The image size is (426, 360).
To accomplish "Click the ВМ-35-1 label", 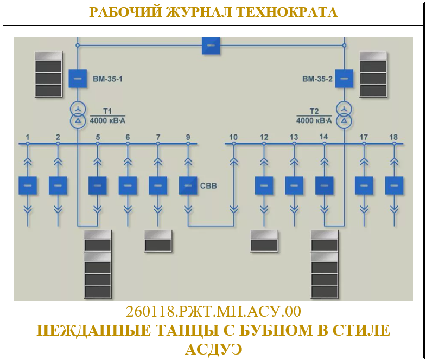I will tap(107, 79).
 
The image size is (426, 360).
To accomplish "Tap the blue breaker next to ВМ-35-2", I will tap(343, 79).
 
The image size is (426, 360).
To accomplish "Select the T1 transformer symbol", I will tap(78, 114).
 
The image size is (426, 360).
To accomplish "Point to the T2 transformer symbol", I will tap(343, 114).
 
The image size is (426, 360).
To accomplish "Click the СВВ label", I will tap(208, 186).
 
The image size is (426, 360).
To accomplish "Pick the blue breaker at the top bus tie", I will tap(211, 45).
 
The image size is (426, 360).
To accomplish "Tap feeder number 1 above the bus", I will tap(27, 137).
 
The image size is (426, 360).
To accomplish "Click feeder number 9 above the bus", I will tap(188, 137).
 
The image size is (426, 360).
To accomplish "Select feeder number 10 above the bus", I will tap(234, 137).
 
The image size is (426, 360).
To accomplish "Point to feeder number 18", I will tap(393, 137).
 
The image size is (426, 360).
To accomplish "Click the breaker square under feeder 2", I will tap(58, 185).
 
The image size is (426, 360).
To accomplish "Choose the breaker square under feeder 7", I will tap(158, 185).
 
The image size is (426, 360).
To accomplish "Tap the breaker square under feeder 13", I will tap(294, 185).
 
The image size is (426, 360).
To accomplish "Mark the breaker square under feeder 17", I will tap(364, 185).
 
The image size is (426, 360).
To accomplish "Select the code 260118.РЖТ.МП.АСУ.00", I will tap(213, 312).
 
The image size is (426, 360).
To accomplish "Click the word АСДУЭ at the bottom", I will tap(213, 348).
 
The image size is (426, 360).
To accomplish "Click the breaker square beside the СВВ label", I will tap(188, 185).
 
